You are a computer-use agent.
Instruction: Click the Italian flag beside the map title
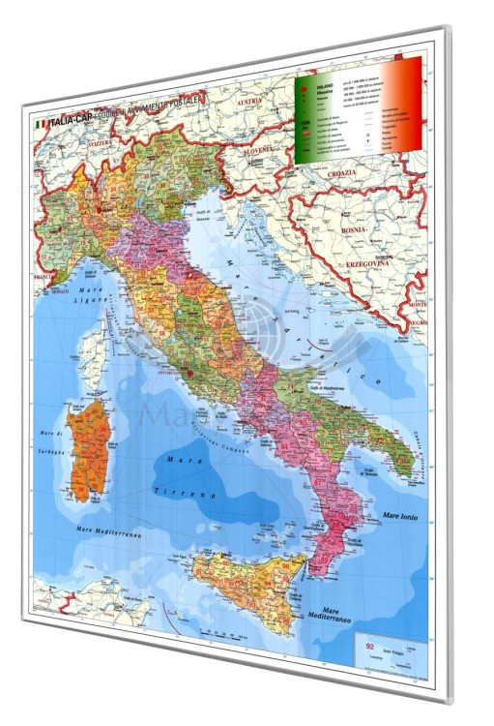tap(41, 124)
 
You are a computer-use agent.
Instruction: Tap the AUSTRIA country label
tap(249, 102)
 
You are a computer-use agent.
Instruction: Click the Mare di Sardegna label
tap(47, 443)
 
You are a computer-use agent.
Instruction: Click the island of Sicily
tap(240, 581)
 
